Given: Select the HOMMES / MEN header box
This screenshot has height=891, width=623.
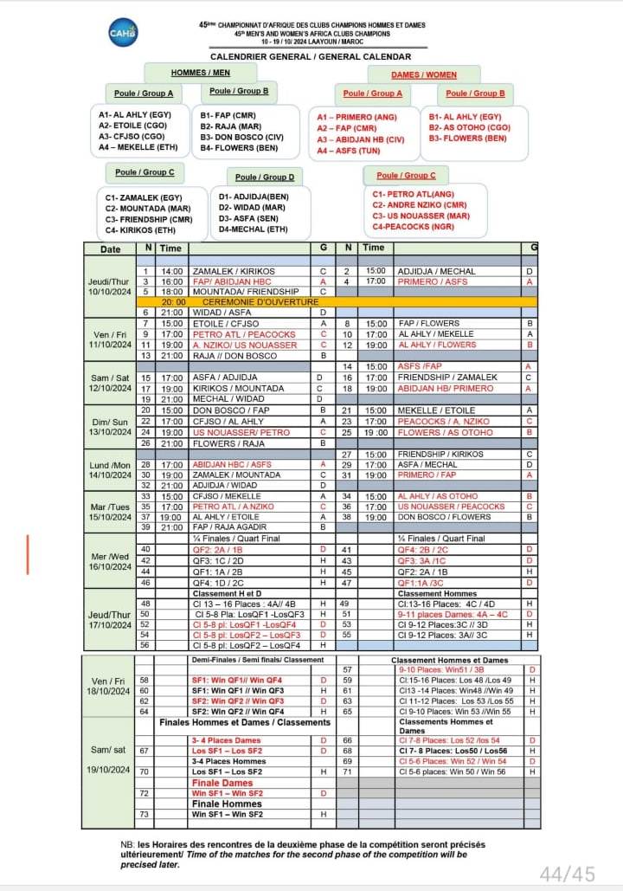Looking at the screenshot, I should pyautogui.click(x=200, y=74).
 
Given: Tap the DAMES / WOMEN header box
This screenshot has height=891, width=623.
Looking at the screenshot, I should pyautogui.click(x=423, y=74).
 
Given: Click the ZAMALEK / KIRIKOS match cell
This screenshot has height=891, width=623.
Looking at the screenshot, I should pyautogui.click(x=228, y=271).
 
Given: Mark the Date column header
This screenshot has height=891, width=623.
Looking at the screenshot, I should pyautogui.click(x=110, y=249).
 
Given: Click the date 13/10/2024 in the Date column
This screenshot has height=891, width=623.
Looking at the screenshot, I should pyautogui.click(x=110, y=432).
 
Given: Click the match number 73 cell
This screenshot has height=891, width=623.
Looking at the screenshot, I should pyautogui.click(x=145, y=814).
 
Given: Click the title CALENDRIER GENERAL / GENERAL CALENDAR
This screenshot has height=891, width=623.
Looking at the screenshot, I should pyautogui.click(x=311, y=55).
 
